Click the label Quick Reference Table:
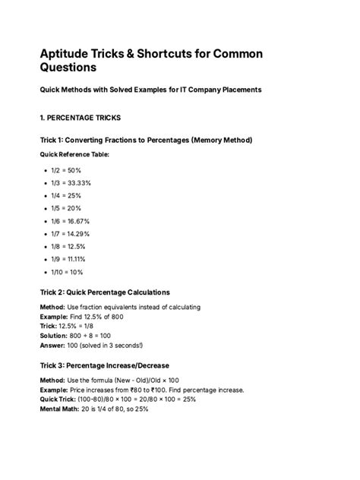[x=74, y=154]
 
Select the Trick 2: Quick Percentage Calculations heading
[x=104, y=292]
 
